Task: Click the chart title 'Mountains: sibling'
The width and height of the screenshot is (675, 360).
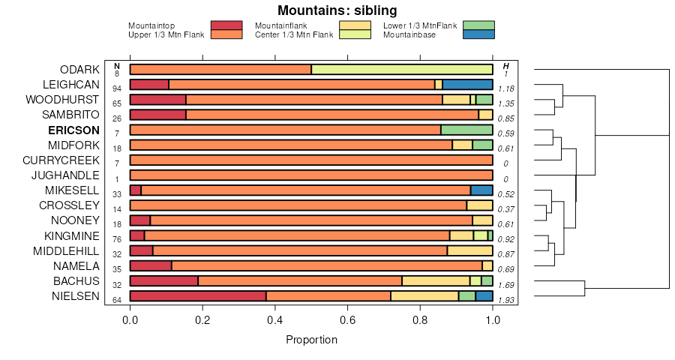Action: click(337, 10)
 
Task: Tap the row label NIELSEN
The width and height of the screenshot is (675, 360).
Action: click(75, 295)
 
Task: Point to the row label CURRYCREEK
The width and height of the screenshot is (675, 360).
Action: click(61, 160)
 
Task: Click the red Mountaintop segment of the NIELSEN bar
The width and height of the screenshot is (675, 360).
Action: click(198, 296)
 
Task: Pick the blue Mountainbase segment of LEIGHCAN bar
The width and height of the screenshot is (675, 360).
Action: click(467, 85)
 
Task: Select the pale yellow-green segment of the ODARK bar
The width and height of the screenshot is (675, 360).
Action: click(402, 70)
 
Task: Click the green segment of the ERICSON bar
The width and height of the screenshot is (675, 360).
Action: click(466, 130)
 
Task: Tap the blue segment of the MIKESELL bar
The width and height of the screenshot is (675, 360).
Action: click(481, 190)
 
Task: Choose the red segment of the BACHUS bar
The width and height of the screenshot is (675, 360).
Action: click(164, 281)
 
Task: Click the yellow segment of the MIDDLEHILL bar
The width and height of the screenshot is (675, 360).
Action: click(469, 250)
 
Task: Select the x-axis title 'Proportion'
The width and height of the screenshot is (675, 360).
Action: click(311, 340)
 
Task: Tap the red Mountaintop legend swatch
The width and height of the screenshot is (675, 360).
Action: click(226, 25)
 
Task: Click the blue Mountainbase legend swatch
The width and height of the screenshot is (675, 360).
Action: click(478, 34)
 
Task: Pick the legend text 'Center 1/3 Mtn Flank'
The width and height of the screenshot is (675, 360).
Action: click(294, 34)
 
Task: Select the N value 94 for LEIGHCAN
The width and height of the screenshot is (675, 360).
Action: click(117, 88)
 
